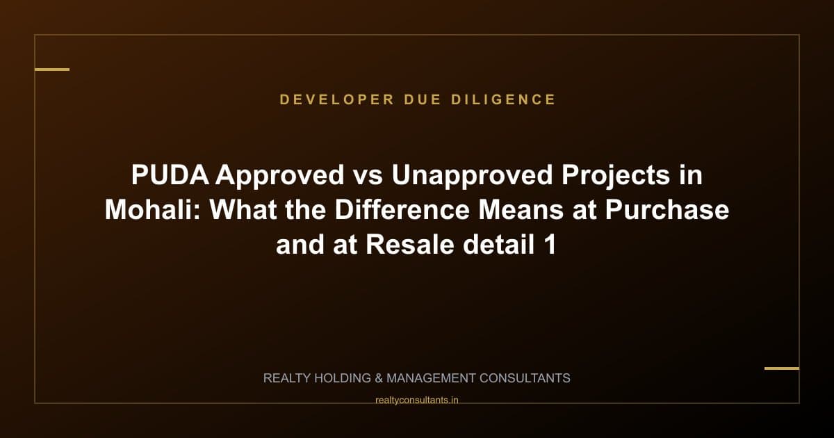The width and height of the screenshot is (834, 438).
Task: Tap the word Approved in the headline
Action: coord(279,176)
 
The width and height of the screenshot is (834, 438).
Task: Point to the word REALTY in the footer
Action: coord(288,378)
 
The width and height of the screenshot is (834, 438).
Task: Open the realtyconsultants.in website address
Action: coord(417,400)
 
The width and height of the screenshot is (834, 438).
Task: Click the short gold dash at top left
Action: coord(52,70)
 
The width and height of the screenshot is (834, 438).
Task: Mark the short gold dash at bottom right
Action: coord(782,368)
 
